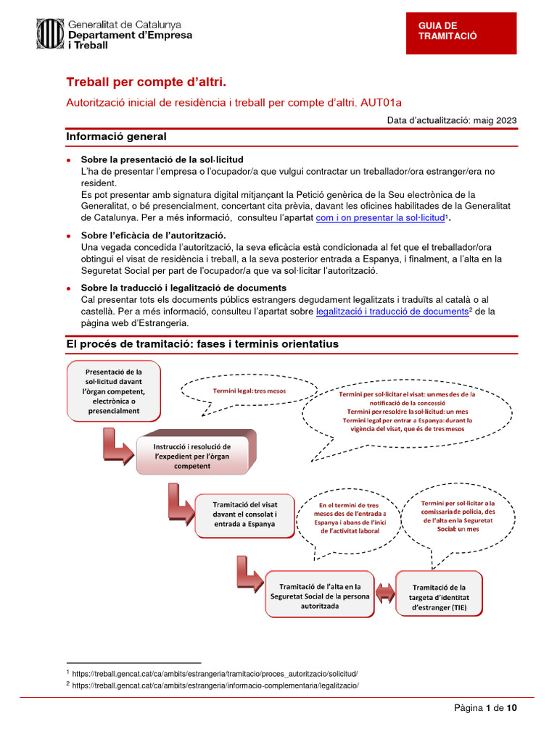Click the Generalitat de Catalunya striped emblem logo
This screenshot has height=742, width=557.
(50, 34)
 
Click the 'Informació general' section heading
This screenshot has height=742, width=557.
(117, 136)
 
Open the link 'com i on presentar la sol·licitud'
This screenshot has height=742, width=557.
(379, 217)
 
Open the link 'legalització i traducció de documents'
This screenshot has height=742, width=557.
(392, 311)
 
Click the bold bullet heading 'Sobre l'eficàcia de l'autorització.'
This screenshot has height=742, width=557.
(153, 235)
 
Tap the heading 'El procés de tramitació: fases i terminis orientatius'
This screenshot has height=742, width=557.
(202, 343)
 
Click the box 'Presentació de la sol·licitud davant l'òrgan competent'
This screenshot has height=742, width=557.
(114, 391)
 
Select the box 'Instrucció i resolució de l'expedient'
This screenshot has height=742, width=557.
(192, 456)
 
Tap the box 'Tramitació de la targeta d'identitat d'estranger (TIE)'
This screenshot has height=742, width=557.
(440, 597)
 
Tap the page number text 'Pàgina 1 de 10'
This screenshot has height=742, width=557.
(485, 708)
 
